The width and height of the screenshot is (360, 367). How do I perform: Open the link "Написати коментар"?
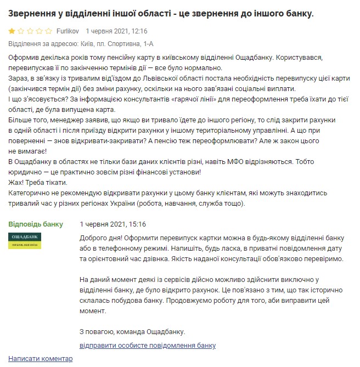coord(41,358)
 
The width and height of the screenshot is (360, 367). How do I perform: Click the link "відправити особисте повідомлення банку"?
coord(148,346)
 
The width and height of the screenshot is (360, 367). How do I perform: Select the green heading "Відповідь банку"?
coord(36,224)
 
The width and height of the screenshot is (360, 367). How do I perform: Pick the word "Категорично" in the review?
coord(32,193)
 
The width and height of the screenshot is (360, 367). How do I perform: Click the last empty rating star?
coord(49,32)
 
